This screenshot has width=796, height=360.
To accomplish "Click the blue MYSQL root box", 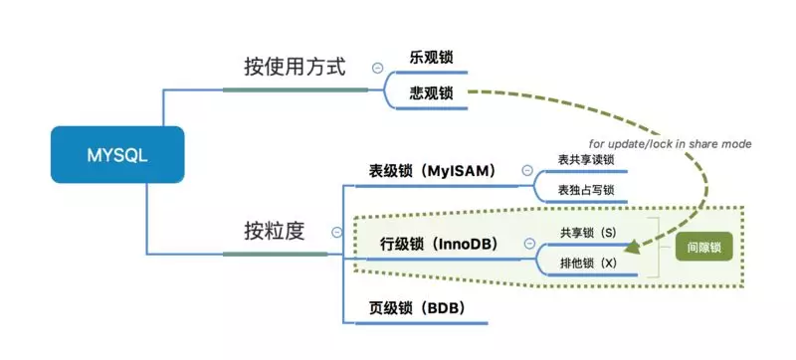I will coord(117,155).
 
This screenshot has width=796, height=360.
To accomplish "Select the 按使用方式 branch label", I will coord(295,68).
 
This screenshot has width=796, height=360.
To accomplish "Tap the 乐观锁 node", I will coord(431,57).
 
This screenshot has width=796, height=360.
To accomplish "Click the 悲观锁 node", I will coord(431,93).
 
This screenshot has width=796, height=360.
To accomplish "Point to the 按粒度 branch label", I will coord(274,232).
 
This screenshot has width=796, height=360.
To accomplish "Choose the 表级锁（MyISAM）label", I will coord(432,170).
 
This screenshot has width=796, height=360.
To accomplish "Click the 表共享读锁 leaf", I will coord(586,159).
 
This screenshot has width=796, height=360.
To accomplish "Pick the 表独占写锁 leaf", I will coord(586,190).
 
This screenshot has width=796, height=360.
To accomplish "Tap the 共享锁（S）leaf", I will coord(588,232).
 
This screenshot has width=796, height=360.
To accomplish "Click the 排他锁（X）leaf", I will coord(588,265).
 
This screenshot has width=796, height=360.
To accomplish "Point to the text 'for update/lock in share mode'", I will coord(672,143).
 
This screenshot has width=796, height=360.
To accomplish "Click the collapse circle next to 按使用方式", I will coord(377,68).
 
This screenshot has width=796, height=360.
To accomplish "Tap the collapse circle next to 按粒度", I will coord(336,232).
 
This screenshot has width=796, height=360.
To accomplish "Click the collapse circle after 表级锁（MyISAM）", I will coord(526,170).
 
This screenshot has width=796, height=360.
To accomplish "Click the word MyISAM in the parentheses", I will coord(460,170).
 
